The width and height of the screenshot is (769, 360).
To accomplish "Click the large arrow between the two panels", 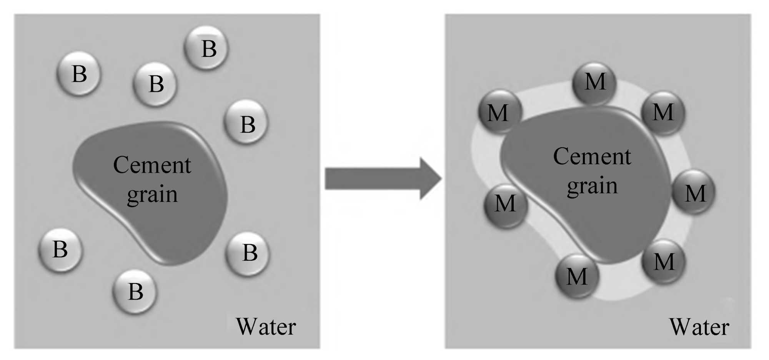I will [x=383, y=179].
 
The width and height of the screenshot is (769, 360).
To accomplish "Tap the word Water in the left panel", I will [x=266, y=327].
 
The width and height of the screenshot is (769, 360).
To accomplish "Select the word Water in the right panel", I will [x=699, y=327].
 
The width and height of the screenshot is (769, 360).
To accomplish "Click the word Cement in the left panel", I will [x=152, y=165].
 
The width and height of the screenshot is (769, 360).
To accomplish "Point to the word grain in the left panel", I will [x=152, y=195].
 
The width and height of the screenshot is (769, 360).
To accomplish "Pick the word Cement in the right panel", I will [x=592, y=157].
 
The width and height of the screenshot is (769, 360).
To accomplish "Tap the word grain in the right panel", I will [x=592, y=186].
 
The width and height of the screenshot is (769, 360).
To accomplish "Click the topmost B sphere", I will [x=206, y=48].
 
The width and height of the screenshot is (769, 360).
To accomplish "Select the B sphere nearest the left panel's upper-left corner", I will [x=79, y=73].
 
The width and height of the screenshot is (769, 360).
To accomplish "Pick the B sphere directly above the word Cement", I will [x=155, y=84].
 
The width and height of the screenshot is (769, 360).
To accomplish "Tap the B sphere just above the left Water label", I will [x=248, y=253].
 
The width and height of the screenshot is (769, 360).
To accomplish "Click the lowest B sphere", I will [x=135, y=291].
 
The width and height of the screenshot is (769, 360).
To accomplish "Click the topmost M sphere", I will [x=594, y=82].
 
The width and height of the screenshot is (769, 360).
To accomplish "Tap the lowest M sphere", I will [x=577, y=276].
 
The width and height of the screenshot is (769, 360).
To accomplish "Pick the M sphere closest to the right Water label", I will [x=664, y=262].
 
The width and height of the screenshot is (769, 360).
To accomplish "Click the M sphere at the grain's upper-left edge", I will [x=499, y=112].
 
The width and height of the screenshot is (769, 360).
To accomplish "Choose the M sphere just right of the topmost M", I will [x=663, y=112].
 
